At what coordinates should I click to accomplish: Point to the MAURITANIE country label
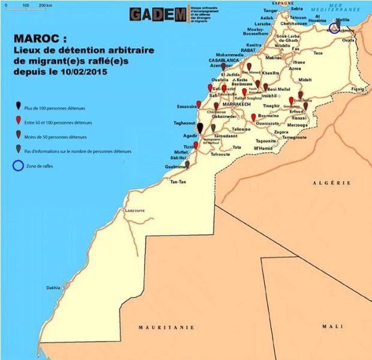point(166,327)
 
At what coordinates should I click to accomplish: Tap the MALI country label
point(331,326)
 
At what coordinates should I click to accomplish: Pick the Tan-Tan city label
point(178,181)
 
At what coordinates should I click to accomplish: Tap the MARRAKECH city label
point(235,104)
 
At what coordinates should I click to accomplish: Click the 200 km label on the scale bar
point(45,5)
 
